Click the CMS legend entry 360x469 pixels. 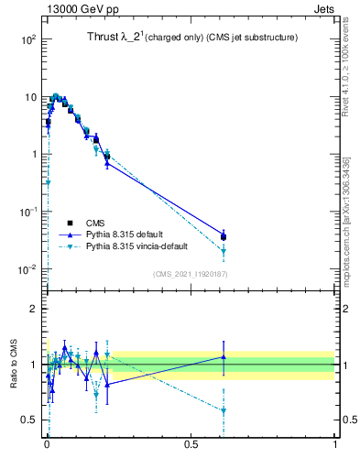coord(94,223)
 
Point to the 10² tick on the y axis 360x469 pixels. coord(28,39)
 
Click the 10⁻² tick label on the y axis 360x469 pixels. coord(28,269)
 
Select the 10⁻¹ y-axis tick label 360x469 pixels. coord(28,212)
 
